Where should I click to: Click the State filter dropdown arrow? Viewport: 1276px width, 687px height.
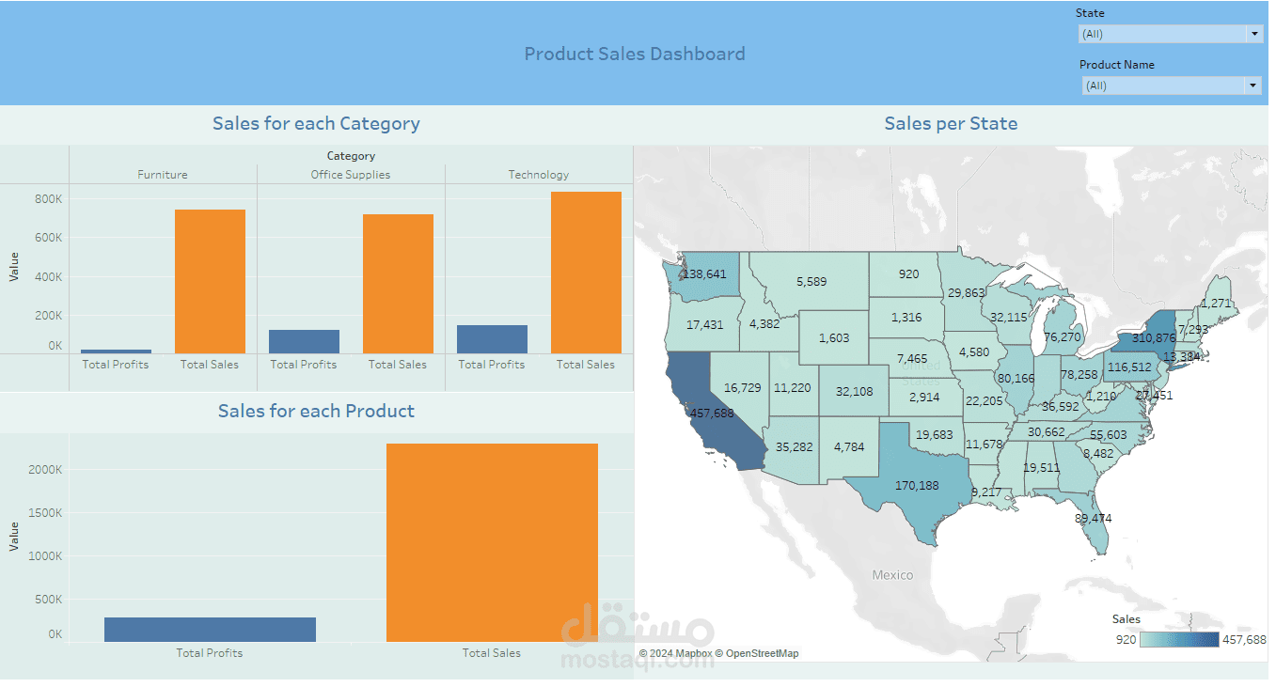(x=1253, y=34)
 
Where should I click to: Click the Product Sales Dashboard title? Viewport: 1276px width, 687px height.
(x=635, y=55)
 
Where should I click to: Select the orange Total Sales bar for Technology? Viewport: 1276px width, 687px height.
(x=586, y=273)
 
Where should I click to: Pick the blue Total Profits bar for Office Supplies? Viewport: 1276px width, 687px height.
(x=304, y=341)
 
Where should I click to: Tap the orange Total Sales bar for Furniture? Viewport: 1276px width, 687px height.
(x=210, y=281)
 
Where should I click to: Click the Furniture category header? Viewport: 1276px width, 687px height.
(x=163, y=175)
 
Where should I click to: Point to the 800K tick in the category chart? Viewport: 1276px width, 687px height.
(x=49, y=199)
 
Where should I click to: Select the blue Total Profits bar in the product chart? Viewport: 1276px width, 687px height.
(x=210, y=630)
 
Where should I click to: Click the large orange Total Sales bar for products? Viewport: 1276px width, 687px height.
(x=492, y=542)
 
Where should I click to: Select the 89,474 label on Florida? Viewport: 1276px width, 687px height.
(x=1094, y=518)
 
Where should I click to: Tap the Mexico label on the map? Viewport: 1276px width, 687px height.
(x=892, y=574)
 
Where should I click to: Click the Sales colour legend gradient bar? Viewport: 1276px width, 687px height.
(x=1179, y=640)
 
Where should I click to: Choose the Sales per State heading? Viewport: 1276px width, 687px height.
(x=951, y=124)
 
